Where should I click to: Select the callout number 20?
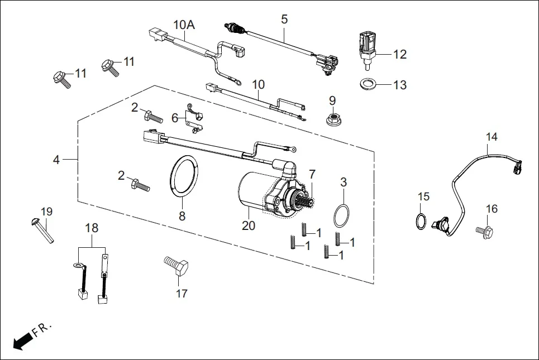click(x=248, y=225)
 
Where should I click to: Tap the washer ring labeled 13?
click(x=366, y=85)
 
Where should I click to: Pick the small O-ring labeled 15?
click(x=423, y=221)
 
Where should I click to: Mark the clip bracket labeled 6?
click(x=193, y=118)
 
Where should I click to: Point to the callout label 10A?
click(x=184, y=25)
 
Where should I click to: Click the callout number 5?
click(x=284, y=20)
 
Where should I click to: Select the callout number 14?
click(x=491, y=137)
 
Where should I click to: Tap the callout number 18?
click(x=91, y=228)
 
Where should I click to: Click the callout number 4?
click(x=56, y=160)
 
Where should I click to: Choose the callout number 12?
click(x=399, y=55)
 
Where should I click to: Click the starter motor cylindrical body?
click(x=251, y=193)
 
